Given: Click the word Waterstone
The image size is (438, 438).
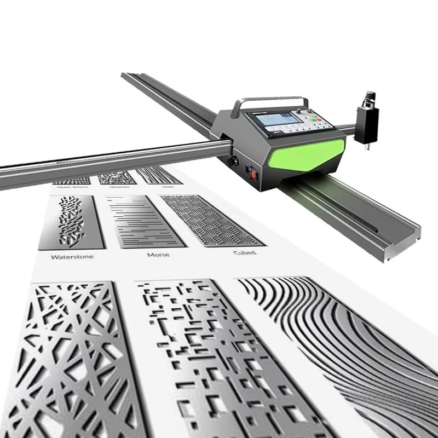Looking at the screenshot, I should (72, 256).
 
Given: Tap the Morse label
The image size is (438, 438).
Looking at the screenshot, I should (158, 255).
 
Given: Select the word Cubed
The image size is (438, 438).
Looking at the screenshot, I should (244, 252).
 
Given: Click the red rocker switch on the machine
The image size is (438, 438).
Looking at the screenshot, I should (253, 174).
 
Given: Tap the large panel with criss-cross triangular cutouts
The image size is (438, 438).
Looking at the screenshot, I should (77, 356).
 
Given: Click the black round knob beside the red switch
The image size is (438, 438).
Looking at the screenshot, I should (234, 162).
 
